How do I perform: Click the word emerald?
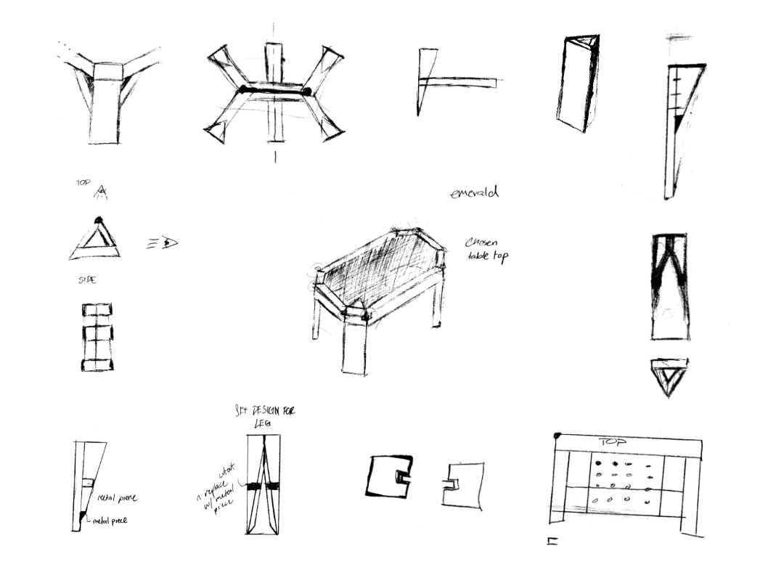point(474,193)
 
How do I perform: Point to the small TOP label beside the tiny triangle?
point(83,183)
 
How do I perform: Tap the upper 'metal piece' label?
point(116,498)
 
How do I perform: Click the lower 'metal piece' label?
point(110,520)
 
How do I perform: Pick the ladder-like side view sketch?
point(97,337)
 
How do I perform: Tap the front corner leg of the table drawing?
point(354,345)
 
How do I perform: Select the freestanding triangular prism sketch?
point(579,82)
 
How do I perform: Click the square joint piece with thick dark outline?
point(389,476)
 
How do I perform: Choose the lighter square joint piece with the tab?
point(462,484)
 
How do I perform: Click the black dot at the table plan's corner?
point(557,436)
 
